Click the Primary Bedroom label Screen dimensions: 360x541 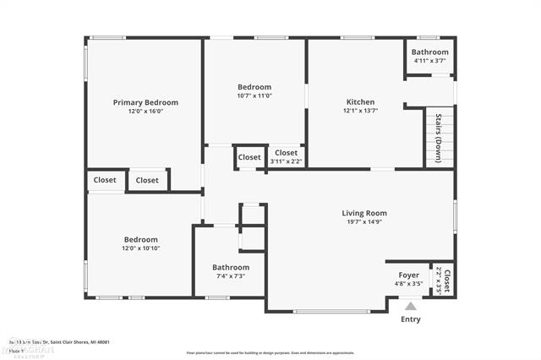tap(145, 102)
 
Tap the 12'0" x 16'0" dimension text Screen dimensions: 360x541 tap(145, 112)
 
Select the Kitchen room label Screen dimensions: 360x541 tap(359, 101)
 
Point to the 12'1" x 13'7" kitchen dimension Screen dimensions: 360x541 tap(359, 111)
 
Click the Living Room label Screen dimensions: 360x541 tap(364, 213)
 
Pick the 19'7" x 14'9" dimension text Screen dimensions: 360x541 tap(364, 222)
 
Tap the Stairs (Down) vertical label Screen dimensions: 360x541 tap(439, 138)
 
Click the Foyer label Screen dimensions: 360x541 tap(408, 275)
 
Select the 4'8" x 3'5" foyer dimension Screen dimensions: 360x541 tap(408, 284)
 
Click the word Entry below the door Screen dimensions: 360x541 tap(410, 319)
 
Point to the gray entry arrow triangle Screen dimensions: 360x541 tap(410, 307)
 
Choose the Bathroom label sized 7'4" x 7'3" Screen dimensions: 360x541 tap(230, 267)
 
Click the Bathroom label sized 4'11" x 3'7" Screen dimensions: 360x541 tap(429, 52)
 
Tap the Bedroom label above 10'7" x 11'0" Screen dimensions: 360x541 tap(254, 87)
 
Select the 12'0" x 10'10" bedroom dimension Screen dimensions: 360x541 tap(140, 248)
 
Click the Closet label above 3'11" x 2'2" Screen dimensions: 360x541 tap(286, 153)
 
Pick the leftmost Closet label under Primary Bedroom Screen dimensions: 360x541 tap(105, 180)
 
